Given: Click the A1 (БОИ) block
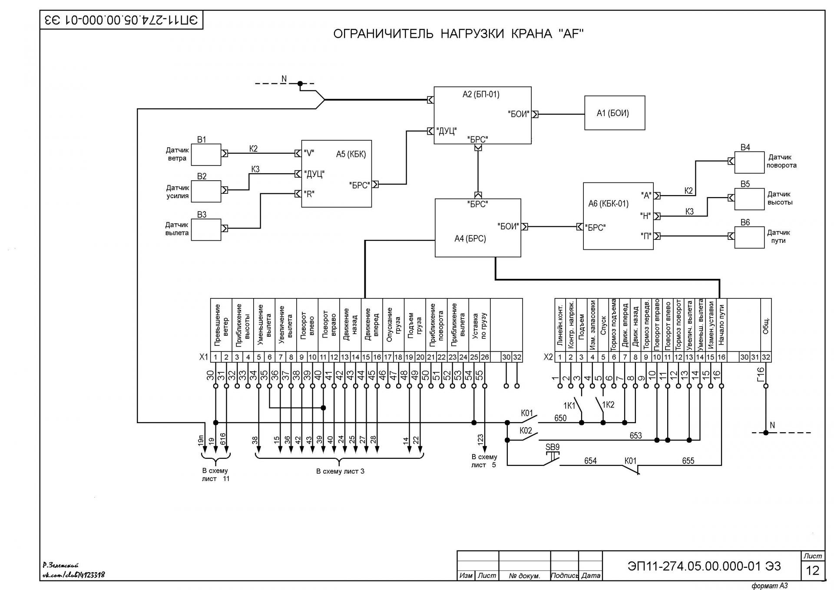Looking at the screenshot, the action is (615, 113).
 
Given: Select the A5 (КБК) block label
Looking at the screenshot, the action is (351, 154).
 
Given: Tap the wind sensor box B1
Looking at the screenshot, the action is (206, 155).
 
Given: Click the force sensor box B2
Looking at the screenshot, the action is (206, 192).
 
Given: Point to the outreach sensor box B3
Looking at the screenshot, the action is (206, 229).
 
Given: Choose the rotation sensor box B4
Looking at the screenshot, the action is (749, 162).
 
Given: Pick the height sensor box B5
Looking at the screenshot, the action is (749, 199).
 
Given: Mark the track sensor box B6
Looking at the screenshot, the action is (749, 238).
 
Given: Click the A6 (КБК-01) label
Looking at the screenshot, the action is (608, 203).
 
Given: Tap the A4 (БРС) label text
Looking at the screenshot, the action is (470, 239).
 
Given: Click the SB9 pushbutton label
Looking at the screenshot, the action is (553, 447).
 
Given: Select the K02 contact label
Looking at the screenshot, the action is (526, 431).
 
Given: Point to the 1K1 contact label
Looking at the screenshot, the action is (569, 406).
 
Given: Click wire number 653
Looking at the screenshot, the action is (635, 435).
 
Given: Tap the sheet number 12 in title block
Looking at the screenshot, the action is (812, 570).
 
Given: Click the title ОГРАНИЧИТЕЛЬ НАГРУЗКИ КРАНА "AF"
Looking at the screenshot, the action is (458, 33).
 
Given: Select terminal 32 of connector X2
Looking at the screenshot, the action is (766, 357).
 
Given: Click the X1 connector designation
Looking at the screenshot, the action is (204, 357).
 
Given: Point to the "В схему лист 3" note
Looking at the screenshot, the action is (340, 471).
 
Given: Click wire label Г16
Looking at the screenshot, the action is (760, 375).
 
